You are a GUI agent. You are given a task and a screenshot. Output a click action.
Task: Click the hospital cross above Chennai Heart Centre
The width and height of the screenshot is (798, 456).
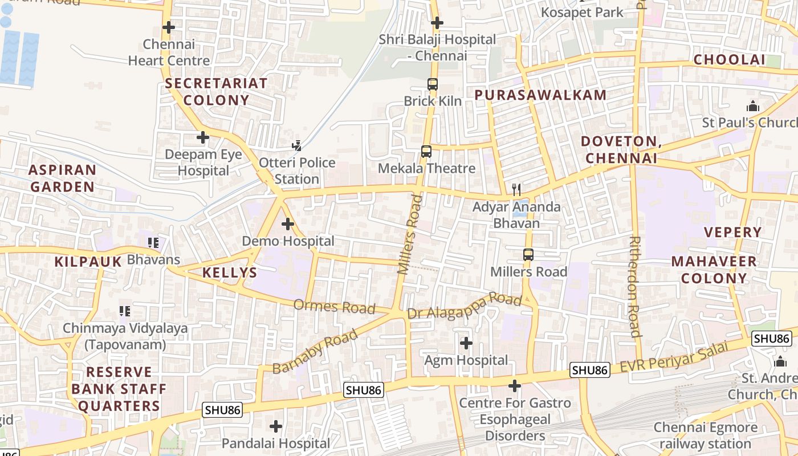coord(169,27)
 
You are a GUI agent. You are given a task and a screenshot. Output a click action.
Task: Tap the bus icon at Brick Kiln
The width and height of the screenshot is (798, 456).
coord(433,84)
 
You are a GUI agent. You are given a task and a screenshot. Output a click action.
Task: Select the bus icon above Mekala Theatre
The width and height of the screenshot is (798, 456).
coord(426,152)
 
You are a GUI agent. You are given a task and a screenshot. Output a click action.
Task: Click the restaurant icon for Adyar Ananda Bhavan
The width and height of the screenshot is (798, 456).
coord(516,189)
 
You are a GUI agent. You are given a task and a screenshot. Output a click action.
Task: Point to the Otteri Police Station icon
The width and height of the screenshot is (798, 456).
coord(296,146)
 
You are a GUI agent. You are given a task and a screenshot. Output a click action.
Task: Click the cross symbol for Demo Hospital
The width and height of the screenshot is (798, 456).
coord(288,224)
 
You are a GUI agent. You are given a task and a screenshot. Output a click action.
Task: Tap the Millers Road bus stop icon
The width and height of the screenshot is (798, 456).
coord(528,255)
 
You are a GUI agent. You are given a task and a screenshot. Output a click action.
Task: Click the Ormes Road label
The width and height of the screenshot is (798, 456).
coord(334,307)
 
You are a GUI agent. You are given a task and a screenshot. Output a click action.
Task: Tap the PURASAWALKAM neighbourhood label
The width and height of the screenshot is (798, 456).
coord(540,95)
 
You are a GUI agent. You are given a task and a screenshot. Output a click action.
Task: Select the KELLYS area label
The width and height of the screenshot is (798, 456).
coord(230,272)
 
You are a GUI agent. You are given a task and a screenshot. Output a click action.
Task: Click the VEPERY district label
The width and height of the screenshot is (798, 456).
coord(732,232)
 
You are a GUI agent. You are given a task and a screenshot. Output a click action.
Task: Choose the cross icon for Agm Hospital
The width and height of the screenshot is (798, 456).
coord(466,343)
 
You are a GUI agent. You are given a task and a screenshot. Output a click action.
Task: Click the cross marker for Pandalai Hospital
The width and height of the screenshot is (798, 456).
coord(276,426)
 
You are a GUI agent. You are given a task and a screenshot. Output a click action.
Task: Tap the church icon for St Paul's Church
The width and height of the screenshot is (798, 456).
coord(753,107)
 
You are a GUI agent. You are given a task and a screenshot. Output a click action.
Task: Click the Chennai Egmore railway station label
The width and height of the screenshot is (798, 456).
coord(706,435)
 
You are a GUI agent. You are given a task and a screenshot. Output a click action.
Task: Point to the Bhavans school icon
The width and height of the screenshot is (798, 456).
coord(153,243)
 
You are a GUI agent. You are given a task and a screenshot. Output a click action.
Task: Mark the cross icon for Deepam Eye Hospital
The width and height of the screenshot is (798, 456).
coord(203,137)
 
